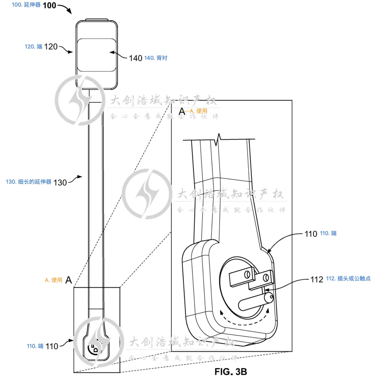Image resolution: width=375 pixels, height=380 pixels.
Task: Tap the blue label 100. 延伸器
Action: click(26, 6)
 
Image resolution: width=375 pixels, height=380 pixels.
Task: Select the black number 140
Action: click(135, 58)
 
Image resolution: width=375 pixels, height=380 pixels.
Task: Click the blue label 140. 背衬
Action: click(156, 58)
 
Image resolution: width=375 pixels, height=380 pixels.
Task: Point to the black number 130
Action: click(60, 182)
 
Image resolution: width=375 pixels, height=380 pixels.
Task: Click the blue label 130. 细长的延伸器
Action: click(29, 181)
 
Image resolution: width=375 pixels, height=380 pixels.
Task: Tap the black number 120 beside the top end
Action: click(51, 47)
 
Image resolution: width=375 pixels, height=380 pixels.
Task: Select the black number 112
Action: click(317, 279)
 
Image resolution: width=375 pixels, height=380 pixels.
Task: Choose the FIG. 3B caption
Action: click(231, 372)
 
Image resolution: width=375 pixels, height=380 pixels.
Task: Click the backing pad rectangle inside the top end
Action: click(96, 55)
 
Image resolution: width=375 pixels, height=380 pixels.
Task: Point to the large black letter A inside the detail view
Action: click(182, 111)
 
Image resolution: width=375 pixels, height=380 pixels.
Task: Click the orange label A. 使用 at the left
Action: click(54, 280)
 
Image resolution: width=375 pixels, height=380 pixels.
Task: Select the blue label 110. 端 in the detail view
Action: click(328, 234)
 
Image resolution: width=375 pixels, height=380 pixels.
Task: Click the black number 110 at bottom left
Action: click(52, 346)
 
